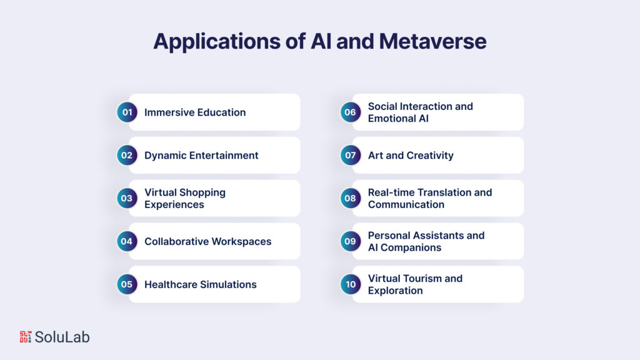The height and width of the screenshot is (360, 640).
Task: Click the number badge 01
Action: point(127,112)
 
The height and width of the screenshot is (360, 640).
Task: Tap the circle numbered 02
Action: point(127,156)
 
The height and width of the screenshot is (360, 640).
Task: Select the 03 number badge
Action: point(127,199)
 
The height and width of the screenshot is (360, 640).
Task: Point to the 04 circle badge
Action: point(127,241)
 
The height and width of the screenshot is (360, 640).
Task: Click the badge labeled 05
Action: point(127,284)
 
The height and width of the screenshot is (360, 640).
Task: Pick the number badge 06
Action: point(350,112)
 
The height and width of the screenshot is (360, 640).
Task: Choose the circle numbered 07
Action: point(350,156)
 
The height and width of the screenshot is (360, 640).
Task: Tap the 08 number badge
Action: point(350,199)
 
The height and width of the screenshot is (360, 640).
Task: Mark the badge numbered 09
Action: point(350,241)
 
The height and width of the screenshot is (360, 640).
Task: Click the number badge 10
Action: point(350,284)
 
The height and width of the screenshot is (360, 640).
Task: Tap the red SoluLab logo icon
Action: point(25,337)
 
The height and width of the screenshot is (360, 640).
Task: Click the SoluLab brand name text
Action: point(62,337)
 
